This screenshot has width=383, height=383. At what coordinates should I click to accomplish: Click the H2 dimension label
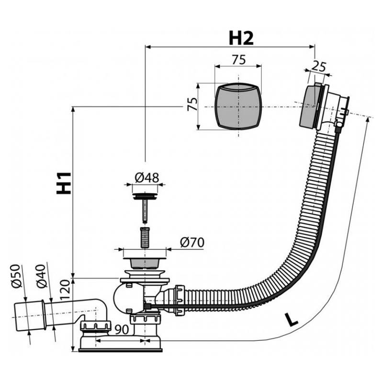(x=241, y=39)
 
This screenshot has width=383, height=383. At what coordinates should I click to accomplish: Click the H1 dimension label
(x=64, y=183)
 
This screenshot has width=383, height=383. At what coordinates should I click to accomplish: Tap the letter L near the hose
(x=291, y=320)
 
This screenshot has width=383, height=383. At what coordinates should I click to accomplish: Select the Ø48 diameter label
(x=147, y=178)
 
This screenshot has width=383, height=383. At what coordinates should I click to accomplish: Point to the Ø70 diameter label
(x=192, y=243)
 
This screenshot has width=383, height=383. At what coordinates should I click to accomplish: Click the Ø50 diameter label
(x=17, y=277)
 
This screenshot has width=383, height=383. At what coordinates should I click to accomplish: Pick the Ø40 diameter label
(x=41, y=276)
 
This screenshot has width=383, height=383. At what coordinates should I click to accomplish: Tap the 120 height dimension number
(x=65, y=290)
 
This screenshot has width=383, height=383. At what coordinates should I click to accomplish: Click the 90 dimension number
(x=122, y=329)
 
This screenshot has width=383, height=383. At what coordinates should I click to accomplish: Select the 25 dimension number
(x=319, y=67)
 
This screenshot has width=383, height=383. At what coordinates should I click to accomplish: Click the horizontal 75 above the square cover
(x=238, y=60)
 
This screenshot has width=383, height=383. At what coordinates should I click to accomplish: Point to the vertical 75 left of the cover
(x=192, y=104)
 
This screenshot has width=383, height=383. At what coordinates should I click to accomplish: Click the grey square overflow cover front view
(x=238, y=106)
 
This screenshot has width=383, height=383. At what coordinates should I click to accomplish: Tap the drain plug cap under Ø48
(x=145, y=196)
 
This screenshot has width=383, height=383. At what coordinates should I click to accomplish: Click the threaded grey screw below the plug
(x=146, y=237)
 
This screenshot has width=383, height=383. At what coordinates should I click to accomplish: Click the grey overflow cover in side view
(x=308, y=106)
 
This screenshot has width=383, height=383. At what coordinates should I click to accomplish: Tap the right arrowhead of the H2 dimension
(x=312, y=47)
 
